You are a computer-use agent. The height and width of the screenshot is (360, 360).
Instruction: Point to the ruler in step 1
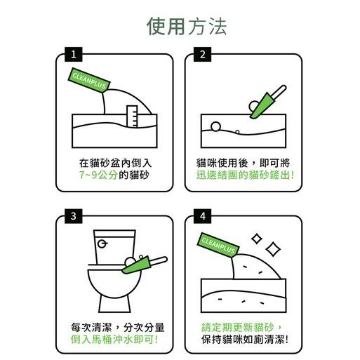pos(131,116)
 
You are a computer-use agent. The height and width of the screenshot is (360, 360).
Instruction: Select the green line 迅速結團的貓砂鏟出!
pos(244,175)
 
